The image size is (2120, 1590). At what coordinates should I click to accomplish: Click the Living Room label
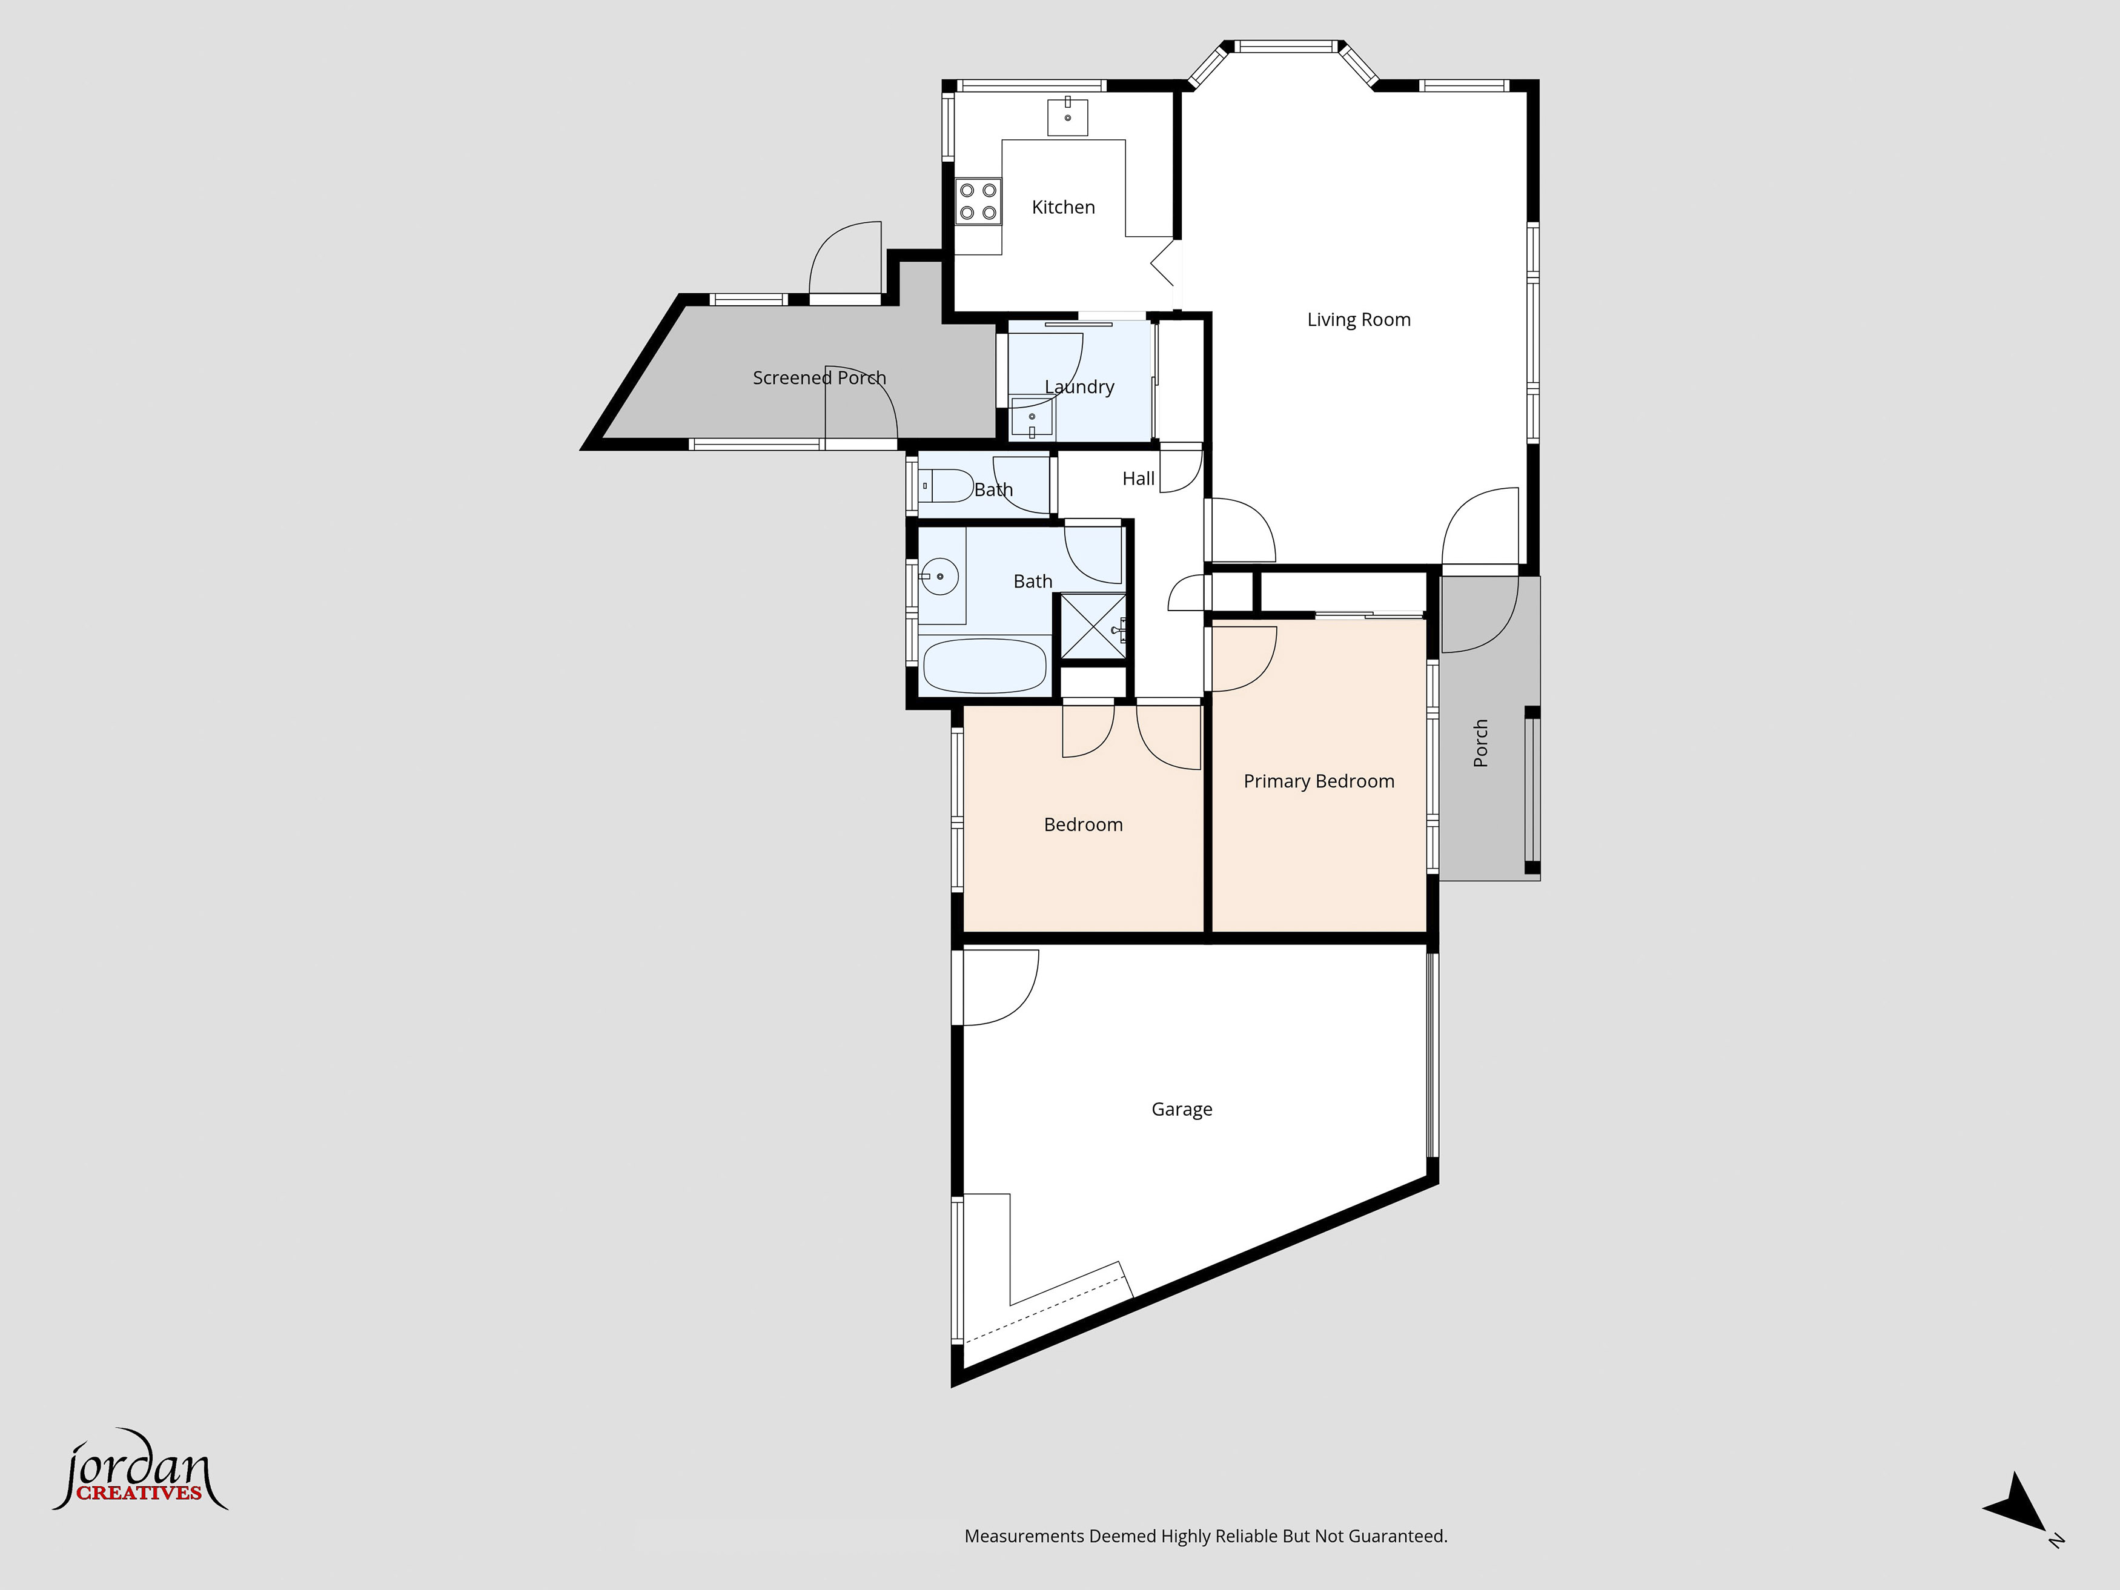[x=1359, y=320]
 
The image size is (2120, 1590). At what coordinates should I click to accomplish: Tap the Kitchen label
[x=1063, y=207]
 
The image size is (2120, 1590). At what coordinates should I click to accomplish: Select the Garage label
[x=1182, y=1109]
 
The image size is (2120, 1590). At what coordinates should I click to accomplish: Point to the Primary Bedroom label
[x=1319, y=781]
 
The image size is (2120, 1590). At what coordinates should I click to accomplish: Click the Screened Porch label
[x=820, y=377]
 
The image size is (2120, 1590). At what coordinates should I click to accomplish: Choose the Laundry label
[x=1079, y=387]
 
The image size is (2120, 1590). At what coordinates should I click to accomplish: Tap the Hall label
[x=1139, y=479]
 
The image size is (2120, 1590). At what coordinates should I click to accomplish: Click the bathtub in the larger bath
[x=984, y=665]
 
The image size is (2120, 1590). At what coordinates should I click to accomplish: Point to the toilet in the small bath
[x=947, y=486]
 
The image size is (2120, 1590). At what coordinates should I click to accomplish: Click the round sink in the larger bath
[x=940, y=576]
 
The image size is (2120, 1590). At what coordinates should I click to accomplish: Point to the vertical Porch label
[x=1481, y=743]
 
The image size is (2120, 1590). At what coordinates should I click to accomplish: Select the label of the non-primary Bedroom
[x=1083, y=824]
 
